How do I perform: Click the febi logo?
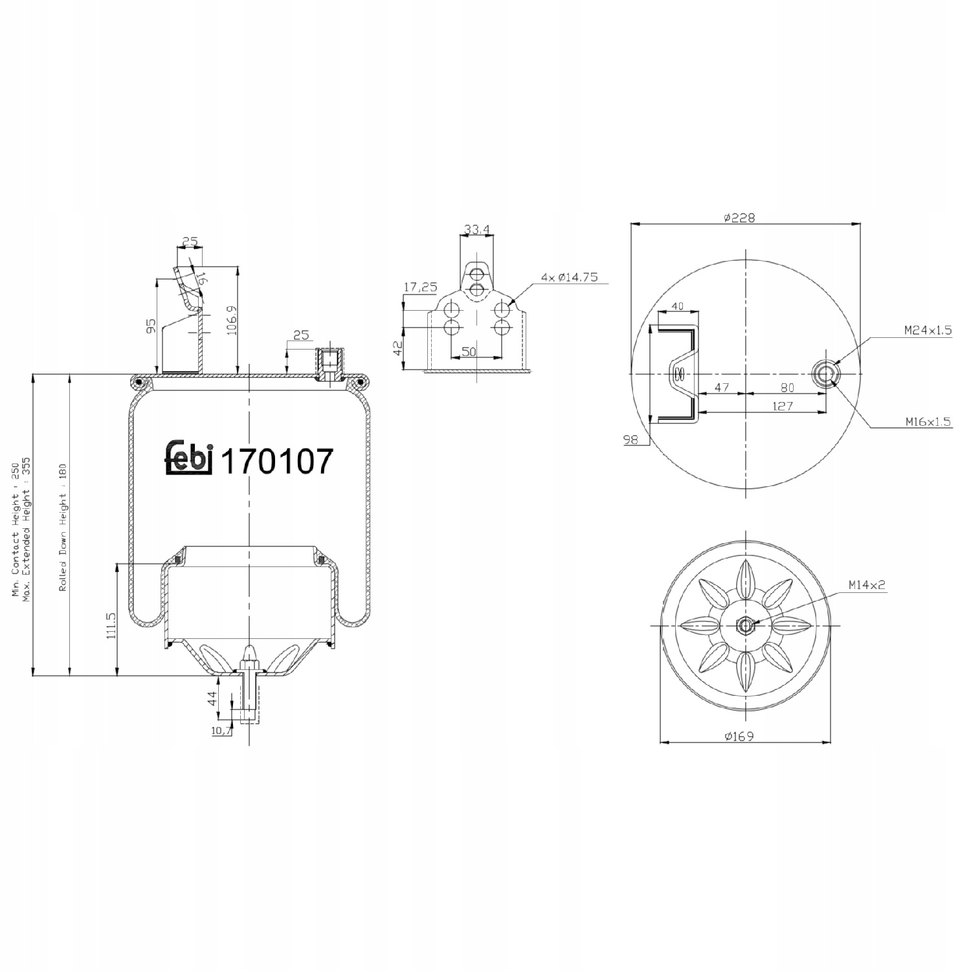click(x=189, y=458)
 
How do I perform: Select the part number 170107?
click(x=277, y=462)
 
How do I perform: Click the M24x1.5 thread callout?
click(x=928, y=330)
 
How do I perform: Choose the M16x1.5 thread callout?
click(x=928, y=422)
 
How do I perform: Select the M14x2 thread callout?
click(x=867, y=585)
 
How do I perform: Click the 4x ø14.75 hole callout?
click(x=570, y=277)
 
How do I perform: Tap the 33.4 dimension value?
click(x=477, y=229)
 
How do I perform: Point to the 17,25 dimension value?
click(x=421, y=287)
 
